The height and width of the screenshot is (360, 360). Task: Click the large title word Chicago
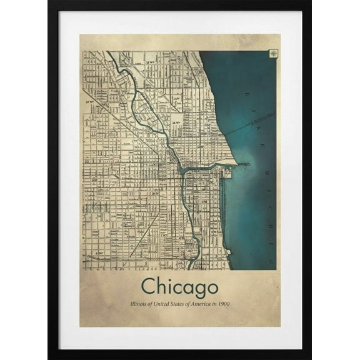(x=179, y=287)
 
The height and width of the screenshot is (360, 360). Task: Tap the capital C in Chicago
(x=149, y=286)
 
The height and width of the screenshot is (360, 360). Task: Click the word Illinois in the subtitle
(x=139, y=304)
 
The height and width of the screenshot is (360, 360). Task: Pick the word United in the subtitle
(x=164, y=304)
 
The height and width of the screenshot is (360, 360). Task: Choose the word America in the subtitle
(x=205, y=304)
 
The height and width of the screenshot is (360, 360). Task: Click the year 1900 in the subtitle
(x=225, y=304)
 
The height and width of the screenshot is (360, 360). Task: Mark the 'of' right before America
(x=193, y=304)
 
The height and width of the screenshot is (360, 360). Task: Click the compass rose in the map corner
(x=274, y=53)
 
